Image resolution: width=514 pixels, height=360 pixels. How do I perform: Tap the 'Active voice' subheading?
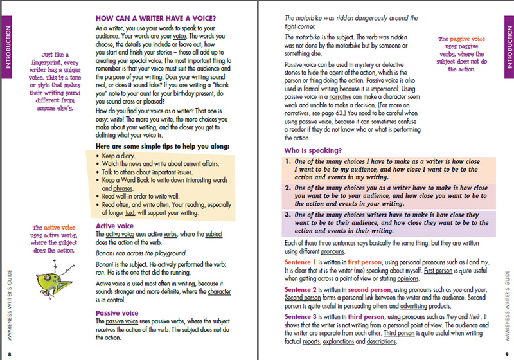pyautogui.click(x=116, y=226)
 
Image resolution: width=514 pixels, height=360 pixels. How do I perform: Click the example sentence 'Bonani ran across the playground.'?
pyautogui.click(x=143, y=253)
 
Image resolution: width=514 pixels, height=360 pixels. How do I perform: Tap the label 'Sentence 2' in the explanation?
pyautogui.click(x=305, y=290)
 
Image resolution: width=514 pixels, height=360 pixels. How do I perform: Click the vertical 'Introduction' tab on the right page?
pyautogui.click(x=506, y=42)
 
